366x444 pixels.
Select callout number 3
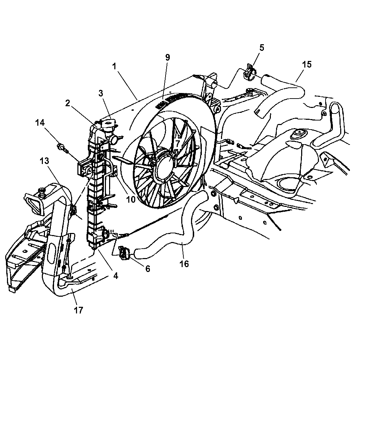pyautogui.click(x=100, y=93)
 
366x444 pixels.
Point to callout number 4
pyautogui.click(x=115, y=275)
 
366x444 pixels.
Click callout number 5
pyautogui.click(x=262, y=48)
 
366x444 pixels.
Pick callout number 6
pyautogui.click(x=148, y=268)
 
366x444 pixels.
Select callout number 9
pyautogui.click(x=168, y=57)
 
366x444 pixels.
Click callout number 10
pyautogui.click(x=130, y=199)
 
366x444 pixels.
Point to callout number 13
pyautogui.click(x=45, y=161)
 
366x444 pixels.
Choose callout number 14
pyautogui.click(x=40, y=123)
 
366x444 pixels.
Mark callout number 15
pyautogui.click(x=307, y=64)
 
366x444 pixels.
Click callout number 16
pyautogui.click(x=184, y=264)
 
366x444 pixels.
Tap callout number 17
pyautogui.click(x=78, y=310)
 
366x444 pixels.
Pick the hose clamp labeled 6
pyautogui.click(x=125, y=252)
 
